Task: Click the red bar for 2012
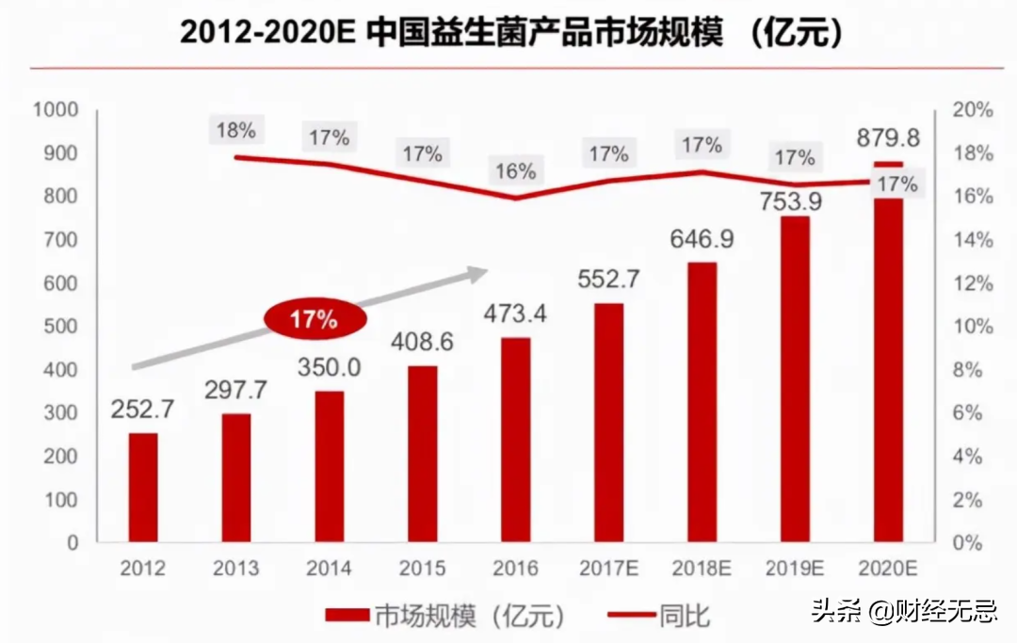143,488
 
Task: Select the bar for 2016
515,440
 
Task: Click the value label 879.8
887,138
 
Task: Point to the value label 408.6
422,342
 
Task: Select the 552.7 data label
608,280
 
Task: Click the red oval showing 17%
314,319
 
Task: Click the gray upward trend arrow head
477,271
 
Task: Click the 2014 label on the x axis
329,569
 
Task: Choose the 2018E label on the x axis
702,569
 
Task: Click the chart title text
509,34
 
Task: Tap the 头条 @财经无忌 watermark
899,613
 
